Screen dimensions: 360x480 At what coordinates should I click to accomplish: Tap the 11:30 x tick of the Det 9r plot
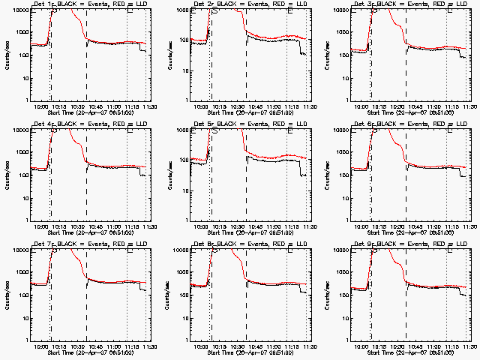[x=469, y=347]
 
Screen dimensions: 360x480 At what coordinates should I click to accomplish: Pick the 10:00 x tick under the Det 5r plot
[x=202, y=227]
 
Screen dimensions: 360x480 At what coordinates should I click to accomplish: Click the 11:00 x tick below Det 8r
[x=277, y=347]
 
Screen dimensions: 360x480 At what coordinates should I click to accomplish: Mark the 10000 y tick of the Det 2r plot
[x=181, y=11]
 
